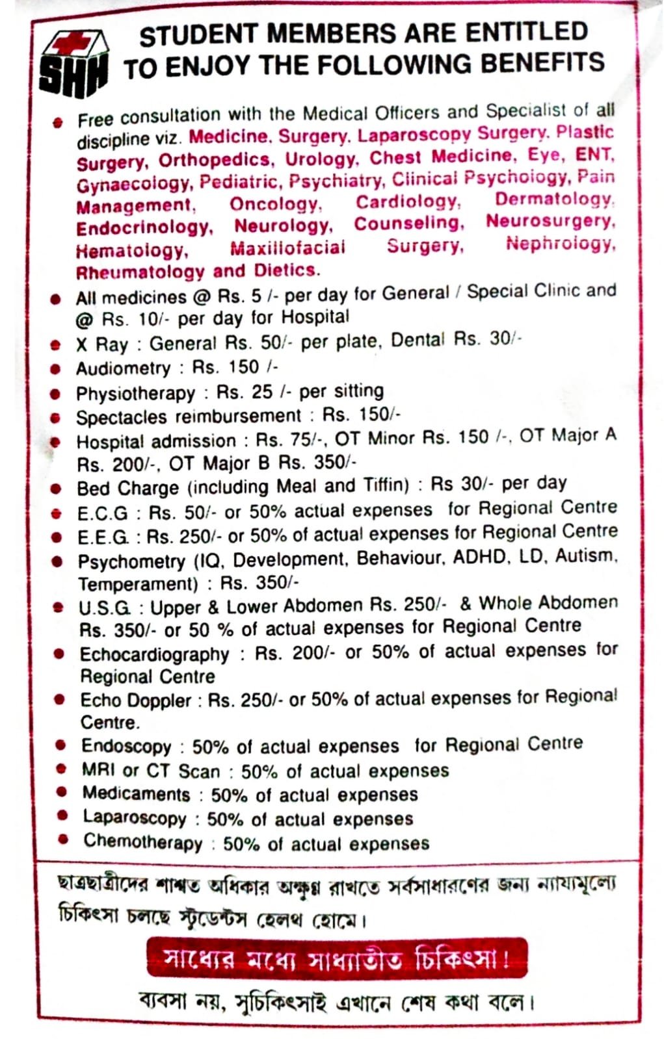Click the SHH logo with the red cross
coord(73,64)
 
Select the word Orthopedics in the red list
coord(215,160)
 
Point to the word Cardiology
coord(408,201)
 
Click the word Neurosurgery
coord(550,221)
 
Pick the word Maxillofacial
coord(287,248)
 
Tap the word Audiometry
coord(123,368)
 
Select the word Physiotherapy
coord(135,393)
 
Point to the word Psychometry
coord(131,561)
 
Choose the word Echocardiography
coord(154,654)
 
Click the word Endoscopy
coord(126,746)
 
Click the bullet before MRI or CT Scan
coord(61,769)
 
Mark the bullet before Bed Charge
coord(57,489)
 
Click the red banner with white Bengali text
coord(336,957)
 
